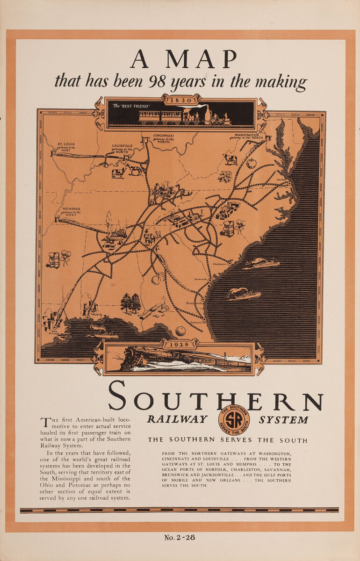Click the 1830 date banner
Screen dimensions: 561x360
pos(180,100)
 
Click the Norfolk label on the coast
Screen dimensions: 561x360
pos(281,179)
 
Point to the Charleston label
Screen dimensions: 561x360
pos(219,264)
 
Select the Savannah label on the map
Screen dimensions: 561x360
pos(201,279)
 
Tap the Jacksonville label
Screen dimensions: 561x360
pos(198,323)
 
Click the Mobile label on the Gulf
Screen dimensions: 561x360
pos(97,315)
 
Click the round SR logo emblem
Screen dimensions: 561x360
pos(234,419)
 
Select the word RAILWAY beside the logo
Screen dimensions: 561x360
pos(177,419)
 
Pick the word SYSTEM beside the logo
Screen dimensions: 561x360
pos(284,419)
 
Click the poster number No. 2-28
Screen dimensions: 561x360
pos(180,537)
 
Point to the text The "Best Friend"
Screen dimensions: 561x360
pos(131,106)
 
